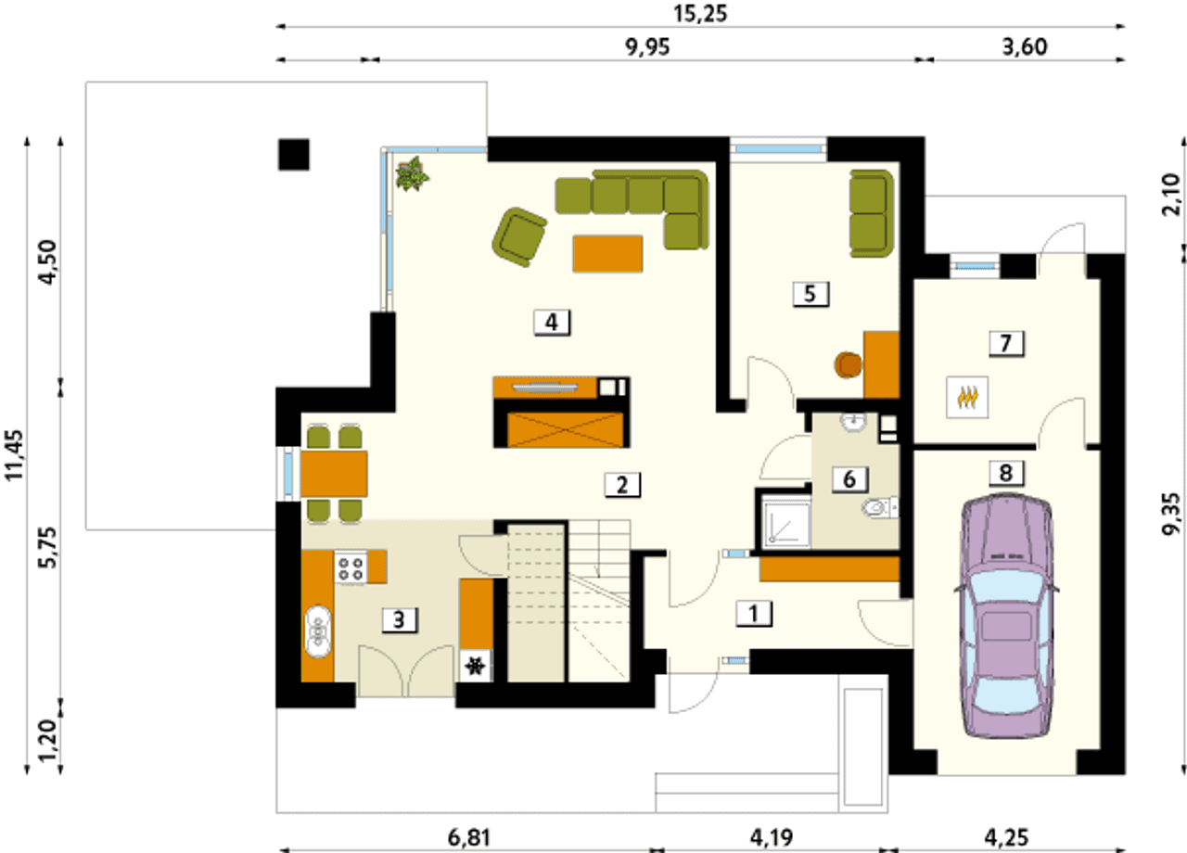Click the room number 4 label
552,322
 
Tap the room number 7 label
1006,343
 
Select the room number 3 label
400,620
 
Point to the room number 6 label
849,479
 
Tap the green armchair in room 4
518,236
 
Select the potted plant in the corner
413,173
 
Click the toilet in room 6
881,508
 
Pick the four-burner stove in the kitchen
351,568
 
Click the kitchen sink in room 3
318,632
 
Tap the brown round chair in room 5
849,365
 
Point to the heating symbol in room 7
967,398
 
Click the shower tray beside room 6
785,521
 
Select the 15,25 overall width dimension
700,14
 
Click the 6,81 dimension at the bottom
469,838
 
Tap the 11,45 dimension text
14,455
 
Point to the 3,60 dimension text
1025,47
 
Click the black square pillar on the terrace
294,155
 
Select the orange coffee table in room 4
607,254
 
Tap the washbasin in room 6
852,421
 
